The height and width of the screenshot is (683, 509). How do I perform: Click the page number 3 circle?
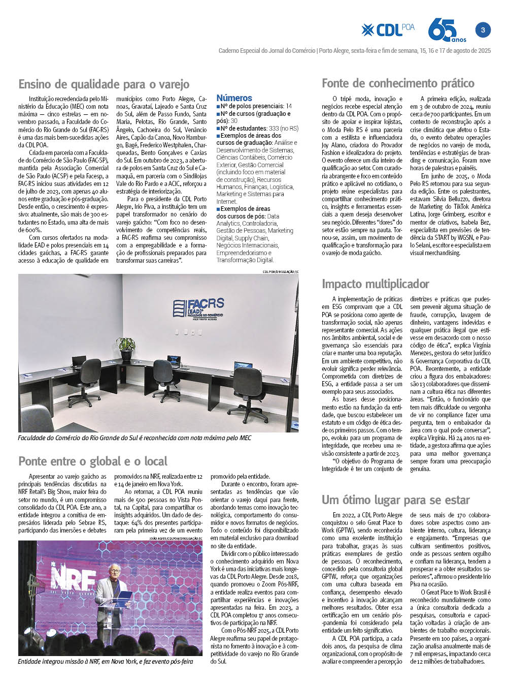(483, 30)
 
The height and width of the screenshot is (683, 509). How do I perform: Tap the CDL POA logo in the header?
(388, 30)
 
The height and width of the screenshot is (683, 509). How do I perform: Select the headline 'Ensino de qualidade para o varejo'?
(104, 84)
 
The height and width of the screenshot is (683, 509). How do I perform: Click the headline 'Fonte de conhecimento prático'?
(398, 83)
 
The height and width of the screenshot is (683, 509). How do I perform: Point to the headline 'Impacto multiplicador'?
(376, 284)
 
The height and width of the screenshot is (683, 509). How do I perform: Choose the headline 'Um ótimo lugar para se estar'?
(396, 500)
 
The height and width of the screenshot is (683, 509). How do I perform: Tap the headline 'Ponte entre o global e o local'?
(93, 461)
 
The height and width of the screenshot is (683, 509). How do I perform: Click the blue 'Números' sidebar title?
(234, 98)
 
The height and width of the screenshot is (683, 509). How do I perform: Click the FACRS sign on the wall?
(198, 309)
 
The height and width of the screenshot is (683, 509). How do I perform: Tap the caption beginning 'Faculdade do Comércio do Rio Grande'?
(134, 438)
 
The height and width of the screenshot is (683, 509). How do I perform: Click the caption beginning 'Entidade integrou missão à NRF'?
(106, 662)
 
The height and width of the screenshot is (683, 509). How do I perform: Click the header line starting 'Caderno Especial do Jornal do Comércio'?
(354, 51)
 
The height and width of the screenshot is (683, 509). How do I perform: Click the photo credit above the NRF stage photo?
(176, 538)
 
